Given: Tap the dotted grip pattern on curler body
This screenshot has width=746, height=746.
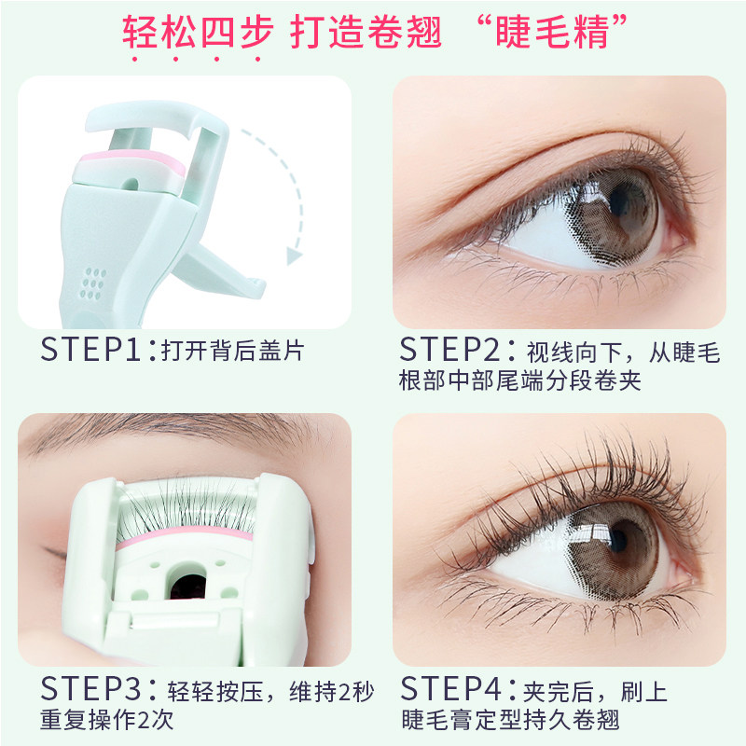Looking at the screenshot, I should point(93,280).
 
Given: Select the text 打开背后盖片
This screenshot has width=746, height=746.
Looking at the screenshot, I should point(232,352).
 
